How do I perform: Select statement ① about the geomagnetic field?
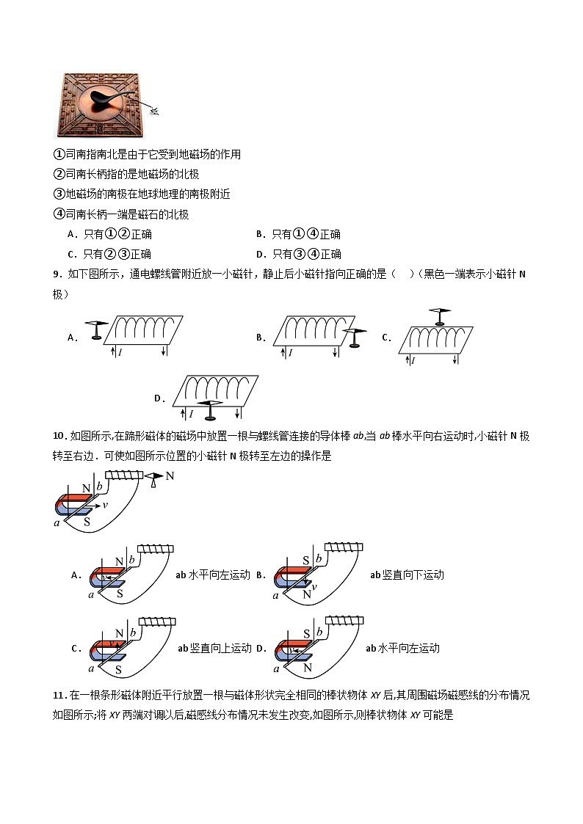pos(147,155)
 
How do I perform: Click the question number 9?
pos(57,274)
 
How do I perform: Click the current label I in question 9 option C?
pos(413,361)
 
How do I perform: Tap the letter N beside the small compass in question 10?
pos(170,476)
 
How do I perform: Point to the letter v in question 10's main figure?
pos(106,505)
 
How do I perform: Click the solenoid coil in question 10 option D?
pos(344,621)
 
